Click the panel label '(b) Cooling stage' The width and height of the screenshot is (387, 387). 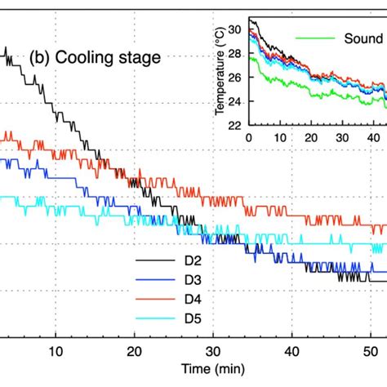(95, 59)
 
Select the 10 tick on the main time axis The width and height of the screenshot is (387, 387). (55, 352)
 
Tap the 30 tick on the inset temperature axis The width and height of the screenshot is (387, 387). (240, 30)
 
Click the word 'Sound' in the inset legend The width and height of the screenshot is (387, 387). (362, 38)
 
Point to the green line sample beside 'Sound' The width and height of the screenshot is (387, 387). (315, 38)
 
